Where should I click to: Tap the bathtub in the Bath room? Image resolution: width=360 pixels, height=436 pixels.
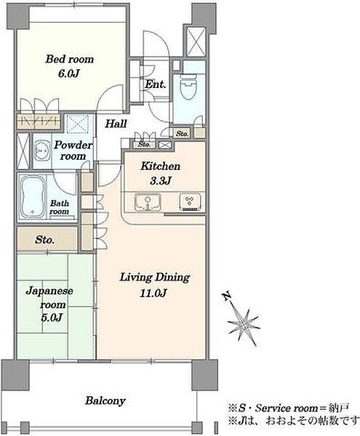(x=32, y=196)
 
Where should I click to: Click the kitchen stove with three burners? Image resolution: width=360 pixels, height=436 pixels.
(x=190, y=202)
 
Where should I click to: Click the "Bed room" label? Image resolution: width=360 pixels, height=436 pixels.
(x=70, y=60)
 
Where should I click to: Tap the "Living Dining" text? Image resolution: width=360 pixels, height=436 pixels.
(x=155, y=278)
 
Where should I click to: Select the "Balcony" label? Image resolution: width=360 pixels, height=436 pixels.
(x=105, y=400)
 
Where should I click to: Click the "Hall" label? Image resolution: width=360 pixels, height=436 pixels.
(x=116, y=124)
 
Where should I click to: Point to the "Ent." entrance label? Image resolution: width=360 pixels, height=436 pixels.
(x=155, y=84)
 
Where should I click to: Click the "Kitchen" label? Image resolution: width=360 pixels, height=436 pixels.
(x=161, y=166)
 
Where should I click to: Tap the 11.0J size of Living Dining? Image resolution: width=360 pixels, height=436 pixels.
(x=153, y=293)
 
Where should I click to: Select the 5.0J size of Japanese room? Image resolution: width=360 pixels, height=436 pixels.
(x=52, y=318)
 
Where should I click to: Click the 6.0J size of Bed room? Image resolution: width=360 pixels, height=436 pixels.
(x=68, y=73)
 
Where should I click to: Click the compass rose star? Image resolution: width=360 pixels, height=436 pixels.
(x=243, y=324)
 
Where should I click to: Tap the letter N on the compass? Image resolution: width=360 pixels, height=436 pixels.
(x=227, y=296)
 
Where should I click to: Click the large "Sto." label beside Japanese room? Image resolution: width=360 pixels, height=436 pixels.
(x=44, y=240)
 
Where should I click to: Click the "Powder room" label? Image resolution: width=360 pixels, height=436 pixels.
(x=73, y=150)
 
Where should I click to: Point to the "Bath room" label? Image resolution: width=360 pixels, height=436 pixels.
(x=59, y=207)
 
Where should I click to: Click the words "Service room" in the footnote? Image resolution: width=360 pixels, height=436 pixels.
(x=287, y=408)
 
